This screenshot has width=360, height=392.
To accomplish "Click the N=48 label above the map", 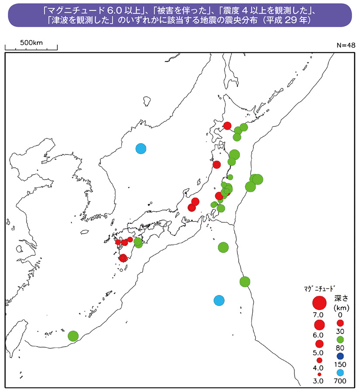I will [346, 45].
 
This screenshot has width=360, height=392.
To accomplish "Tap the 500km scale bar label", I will [31, 43].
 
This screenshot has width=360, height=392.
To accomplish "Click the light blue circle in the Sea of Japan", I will [141, 148].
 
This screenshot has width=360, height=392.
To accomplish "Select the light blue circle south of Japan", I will [219, 300].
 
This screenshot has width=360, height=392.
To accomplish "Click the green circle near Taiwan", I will [73, 336].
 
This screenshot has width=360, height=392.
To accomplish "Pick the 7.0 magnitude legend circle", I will [319, 303].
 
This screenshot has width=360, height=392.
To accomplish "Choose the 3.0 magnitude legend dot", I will [319, 374].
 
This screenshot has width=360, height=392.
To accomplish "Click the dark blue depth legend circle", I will [341, 356].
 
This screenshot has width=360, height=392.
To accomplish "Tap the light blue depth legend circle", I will [341, 372].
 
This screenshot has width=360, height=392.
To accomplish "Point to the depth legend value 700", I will [341, 381].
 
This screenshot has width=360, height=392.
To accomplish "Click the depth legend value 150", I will [341, 364].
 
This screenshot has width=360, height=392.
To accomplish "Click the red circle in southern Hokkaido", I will [227, 126].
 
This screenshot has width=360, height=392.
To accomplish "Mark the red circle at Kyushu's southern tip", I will [123, 258].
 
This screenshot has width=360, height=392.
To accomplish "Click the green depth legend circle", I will [341, 340].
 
